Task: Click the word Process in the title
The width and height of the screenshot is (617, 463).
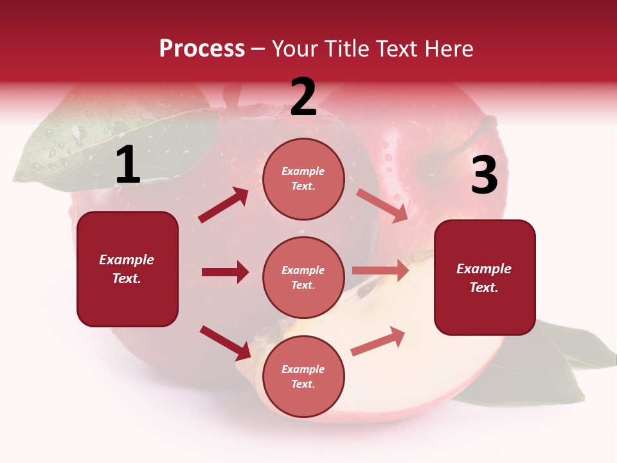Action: click(x=202, y=49)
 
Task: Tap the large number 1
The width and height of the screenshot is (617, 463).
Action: click(x=128, y=166)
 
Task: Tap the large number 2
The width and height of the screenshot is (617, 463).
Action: click(x=303, y=98)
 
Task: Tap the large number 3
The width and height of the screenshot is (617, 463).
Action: click(x=484, y=176)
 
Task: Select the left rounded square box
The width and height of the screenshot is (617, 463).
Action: click(x=127, y=269)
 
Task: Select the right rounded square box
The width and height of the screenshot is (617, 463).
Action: click(x=485, y=278)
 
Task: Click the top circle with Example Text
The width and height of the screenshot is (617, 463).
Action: click(x=303, y=179)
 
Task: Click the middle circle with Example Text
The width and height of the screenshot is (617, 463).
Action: click(x=303, y=277)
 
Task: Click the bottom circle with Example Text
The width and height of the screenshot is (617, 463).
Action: click(x=303, y=376)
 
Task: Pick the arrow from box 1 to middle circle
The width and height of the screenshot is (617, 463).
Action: click(x=225, y=272)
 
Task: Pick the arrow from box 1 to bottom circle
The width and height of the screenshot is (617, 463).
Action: click(x=225, y=343)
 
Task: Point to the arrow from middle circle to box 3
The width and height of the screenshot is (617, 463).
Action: click(x=380, y=271)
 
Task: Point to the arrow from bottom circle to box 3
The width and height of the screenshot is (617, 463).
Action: click(x=378, y=341)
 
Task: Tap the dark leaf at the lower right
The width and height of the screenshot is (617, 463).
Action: click(x=553, y=367)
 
